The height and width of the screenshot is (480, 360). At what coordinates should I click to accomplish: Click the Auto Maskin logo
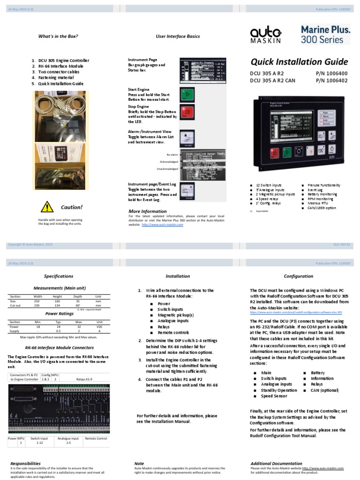[x=265, y=35]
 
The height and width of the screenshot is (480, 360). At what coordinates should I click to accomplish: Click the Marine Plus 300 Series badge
[x=325, y=34]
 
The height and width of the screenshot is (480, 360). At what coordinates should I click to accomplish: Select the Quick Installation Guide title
[x=300, y=62]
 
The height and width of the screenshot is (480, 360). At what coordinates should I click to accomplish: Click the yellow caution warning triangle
[x=47, y=206]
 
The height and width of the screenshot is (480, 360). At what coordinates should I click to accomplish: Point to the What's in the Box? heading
[x=58, y=36]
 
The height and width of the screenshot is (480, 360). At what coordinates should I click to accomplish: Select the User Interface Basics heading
[x=178, y=36]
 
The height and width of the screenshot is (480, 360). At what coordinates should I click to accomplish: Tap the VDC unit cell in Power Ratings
[x=98, y=326]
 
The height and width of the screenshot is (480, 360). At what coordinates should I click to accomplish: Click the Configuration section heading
[x=299, y=276]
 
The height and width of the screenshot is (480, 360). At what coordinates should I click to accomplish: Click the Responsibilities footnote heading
[x=25, y=464]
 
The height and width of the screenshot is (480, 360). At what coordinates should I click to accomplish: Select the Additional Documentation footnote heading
[x=276, y=464]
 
